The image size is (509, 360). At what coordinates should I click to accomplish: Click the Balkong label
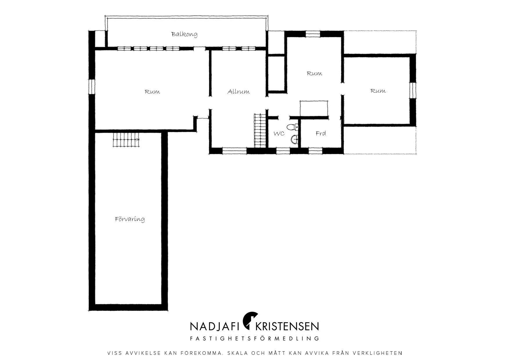point(184,34)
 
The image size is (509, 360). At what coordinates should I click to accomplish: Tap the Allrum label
point(239,92)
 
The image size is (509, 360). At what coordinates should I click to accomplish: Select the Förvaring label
point(130,219)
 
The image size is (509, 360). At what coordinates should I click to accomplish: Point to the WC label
point(279,134)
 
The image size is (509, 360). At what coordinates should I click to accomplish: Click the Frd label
point(321,133)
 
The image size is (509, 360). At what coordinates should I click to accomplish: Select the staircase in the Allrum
point(260,131)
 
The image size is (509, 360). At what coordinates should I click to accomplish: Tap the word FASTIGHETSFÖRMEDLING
point(255,339)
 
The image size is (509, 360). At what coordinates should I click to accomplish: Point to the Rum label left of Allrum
point(152,92)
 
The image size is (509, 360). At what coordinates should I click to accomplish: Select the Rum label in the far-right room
point(378,91)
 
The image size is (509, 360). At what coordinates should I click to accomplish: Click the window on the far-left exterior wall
point(92,87)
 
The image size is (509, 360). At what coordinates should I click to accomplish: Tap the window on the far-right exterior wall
point(412,91)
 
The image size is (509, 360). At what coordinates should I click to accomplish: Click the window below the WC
point(283,151)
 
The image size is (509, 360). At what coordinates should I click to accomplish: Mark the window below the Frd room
point(315,151)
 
